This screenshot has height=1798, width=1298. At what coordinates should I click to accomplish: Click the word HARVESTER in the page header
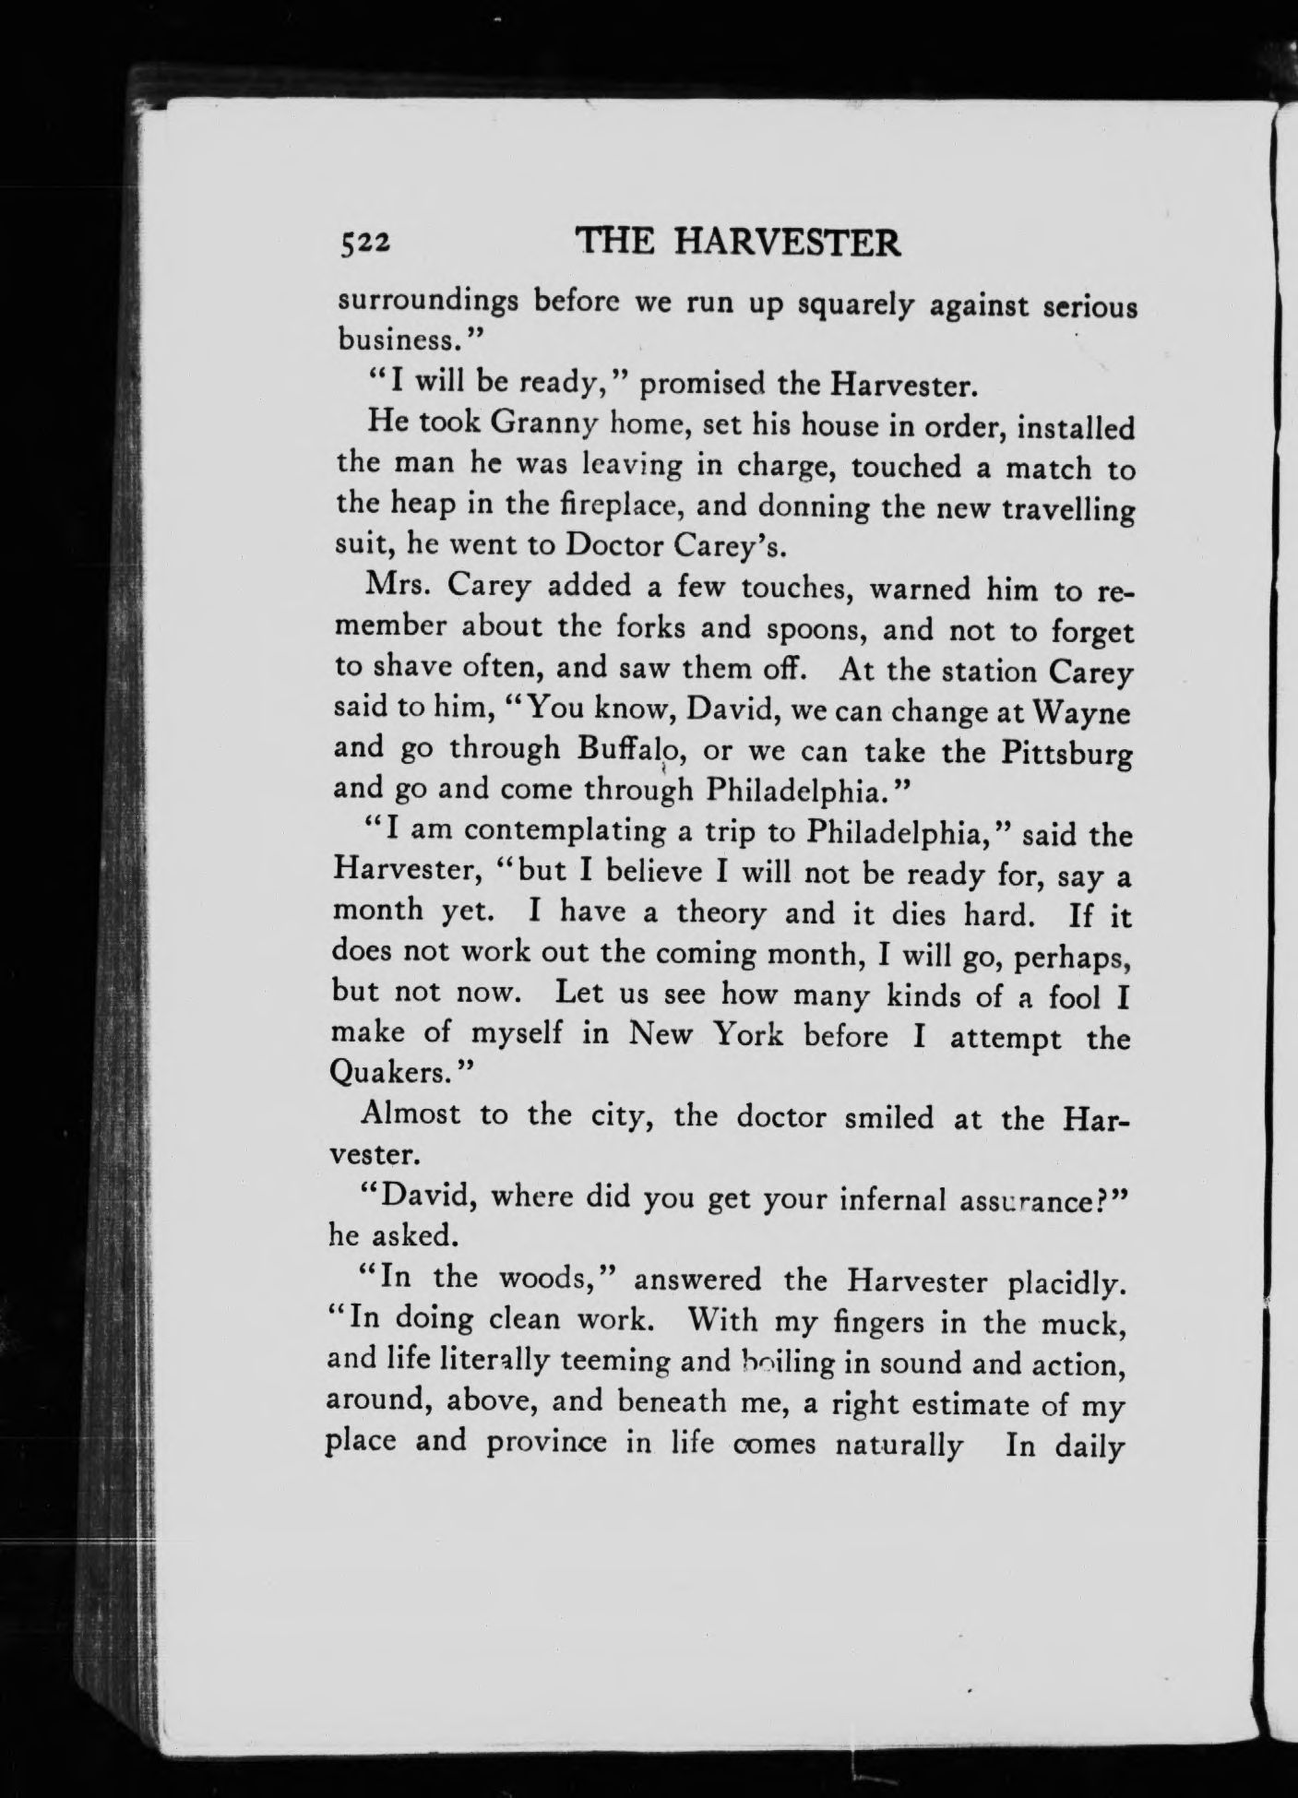(787, 243)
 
